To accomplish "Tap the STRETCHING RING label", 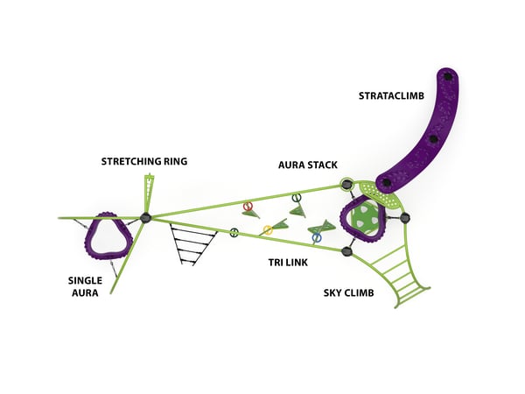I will point(144,161).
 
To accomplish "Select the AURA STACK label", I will point(308,165).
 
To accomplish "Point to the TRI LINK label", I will point(286,262).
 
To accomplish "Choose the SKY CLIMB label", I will point(349,292).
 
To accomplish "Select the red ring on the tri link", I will point(248,207).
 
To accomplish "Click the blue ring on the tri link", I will point(317,237).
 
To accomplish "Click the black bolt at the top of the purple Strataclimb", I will point(449,78).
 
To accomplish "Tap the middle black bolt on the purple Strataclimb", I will point(431,137).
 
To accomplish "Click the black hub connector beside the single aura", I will point(146,217).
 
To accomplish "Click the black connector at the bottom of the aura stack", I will point(346,252).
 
